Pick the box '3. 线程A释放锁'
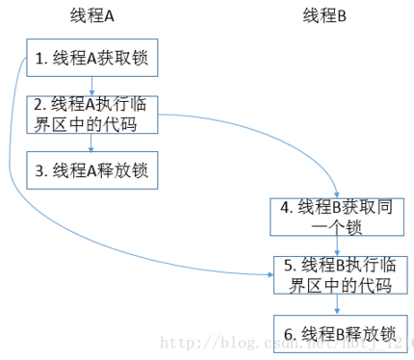[x=91, y=170]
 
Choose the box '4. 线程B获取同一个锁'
[x=336, y=217]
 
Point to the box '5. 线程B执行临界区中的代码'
[x=336, y=275]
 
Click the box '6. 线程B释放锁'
[x=336, y=333]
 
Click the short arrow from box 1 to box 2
[x=91, y=87]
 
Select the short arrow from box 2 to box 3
[x=91, y=142]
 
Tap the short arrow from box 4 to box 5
[x=336, y=245]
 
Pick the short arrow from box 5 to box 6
[x=336, y=304]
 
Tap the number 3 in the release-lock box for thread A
[x=39, y=170]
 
